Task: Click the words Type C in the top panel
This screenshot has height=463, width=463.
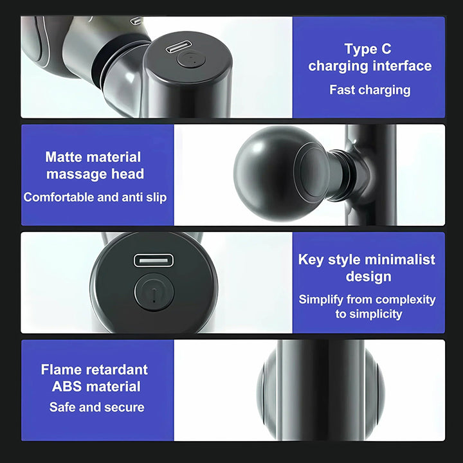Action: (x=367, y=50)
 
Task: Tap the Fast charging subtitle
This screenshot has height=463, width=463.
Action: (x=370, y=90)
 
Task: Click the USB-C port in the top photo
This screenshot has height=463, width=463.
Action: (x=177, y=48)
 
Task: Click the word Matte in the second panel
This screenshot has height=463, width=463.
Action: (x=65, y=157)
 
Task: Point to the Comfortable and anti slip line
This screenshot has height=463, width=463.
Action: (x=95, y=197)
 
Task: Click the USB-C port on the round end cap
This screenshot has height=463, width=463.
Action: (x=153, y=260)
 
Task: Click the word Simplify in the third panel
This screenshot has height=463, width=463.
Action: (x=321, y=300)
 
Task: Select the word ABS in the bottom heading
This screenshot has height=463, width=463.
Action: (x=66, y=386)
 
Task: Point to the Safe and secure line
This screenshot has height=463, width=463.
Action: (x=96, y=407)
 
